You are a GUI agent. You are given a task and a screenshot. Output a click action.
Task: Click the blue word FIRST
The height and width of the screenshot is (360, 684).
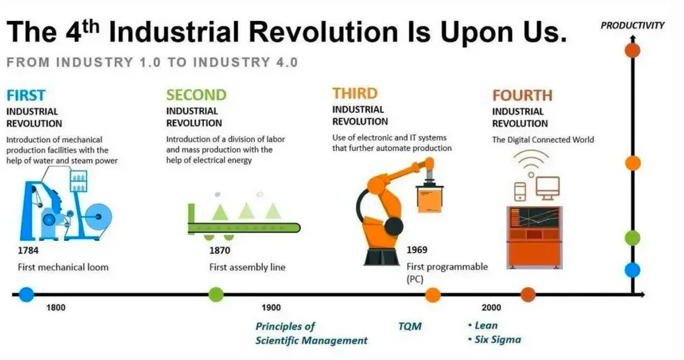[x=26, y=95]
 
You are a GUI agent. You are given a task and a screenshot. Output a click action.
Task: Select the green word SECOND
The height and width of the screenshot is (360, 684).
[x=196, y=95]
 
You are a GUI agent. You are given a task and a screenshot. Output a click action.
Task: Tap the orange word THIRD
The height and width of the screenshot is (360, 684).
[x=355, y=93]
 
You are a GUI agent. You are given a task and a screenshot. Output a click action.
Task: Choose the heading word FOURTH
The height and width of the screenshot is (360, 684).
[x=522, y=95]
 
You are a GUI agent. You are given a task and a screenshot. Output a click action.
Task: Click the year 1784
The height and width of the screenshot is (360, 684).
[x=28, y=251]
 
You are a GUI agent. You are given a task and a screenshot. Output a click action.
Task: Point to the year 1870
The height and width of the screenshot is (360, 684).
[x=219, y=251]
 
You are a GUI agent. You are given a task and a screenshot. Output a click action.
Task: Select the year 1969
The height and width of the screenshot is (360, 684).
[x=417, y=250]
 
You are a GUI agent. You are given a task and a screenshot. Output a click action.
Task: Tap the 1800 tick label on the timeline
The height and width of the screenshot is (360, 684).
[x=56, y=308]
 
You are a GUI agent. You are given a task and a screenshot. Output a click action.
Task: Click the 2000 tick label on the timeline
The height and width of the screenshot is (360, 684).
[x=491, y=308]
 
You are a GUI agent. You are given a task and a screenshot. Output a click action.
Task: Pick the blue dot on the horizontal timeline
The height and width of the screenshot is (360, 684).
[x=26, y=295]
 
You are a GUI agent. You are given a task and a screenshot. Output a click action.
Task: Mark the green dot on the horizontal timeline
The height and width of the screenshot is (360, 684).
[x=216, y=295]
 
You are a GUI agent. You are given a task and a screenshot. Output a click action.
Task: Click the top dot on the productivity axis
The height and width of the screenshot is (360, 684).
[x=633, y=50]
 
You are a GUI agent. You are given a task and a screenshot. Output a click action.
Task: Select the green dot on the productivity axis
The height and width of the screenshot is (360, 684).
[x=633, y=238]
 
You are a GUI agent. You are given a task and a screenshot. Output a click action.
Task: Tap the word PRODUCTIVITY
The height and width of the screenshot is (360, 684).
[x=633, y=25]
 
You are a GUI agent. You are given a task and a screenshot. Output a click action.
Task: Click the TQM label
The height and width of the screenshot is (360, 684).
[x=410, y=327]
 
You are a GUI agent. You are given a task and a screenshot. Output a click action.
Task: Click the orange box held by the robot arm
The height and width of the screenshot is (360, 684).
[x=430, y=199]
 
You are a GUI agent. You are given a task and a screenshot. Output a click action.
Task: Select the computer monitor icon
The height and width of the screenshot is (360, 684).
[x=548, y=187]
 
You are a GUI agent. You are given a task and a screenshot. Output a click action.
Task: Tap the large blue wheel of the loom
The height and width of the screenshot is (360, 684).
[x=98, y=217]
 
